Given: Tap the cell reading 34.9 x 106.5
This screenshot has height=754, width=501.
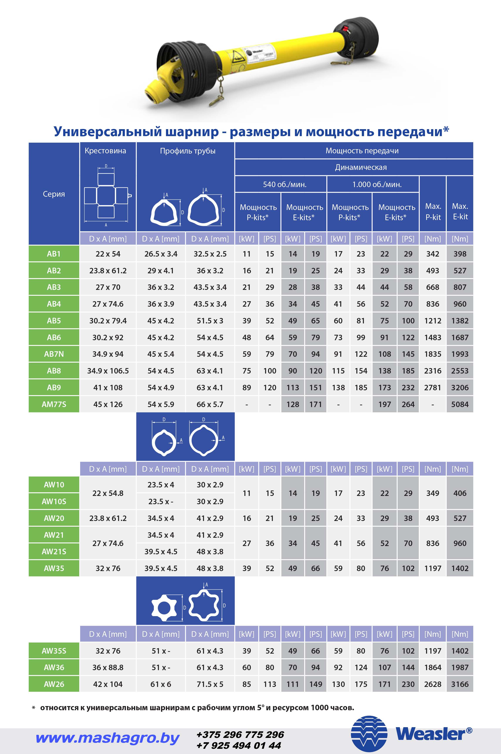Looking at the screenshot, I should tap(108, 371).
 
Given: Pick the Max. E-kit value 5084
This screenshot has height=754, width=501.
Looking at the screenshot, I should tap(460, 404).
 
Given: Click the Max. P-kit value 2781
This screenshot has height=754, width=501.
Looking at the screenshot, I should tap(433, 387).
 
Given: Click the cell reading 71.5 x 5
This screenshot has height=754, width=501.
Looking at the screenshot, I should tap(210, 684).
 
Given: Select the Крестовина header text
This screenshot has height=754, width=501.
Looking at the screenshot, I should tap(105, 151).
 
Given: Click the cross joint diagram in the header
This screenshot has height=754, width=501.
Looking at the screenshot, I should tap(106, 196).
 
